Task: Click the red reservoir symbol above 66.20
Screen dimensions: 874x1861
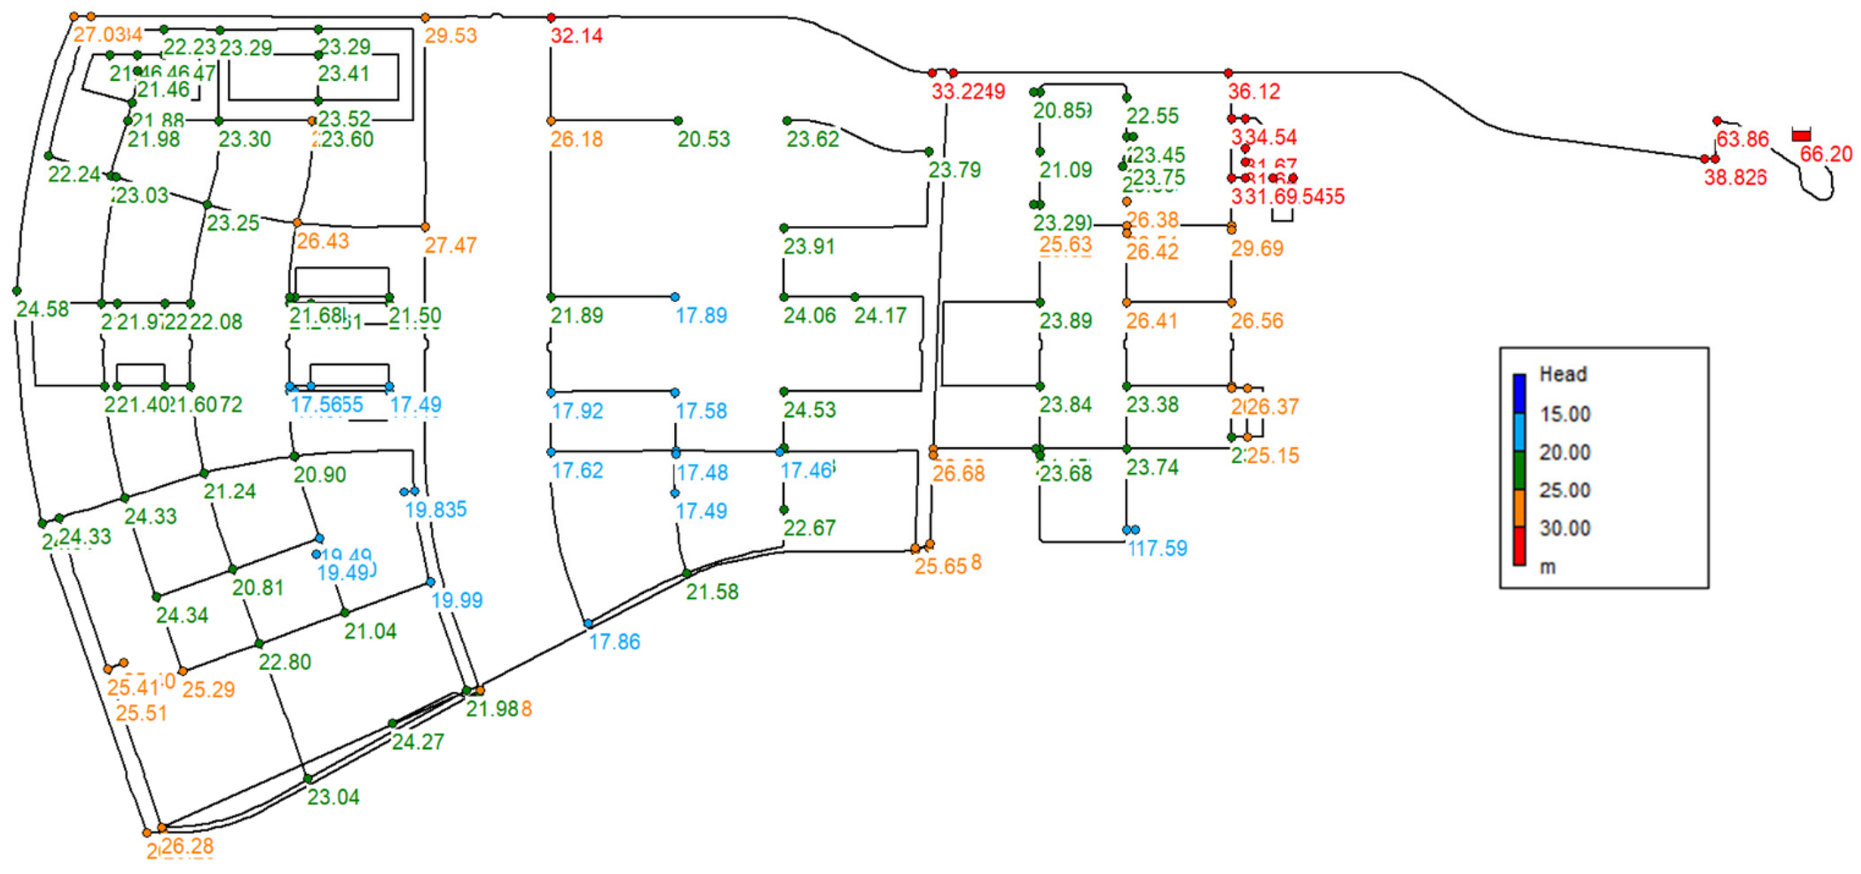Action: (x=1801, y=135)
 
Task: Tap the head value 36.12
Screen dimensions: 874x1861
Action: (x=1254, y=92)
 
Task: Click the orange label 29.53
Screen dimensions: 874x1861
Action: (x=450, y=35)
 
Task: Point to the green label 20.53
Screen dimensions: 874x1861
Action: (x=704, y=139)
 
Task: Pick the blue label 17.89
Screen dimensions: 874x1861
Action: (x=701, y=315)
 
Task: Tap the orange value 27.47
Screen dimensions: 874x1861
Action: (x=450, y=246)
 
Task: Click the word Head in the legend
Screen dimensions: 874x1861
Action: (x=1564, y=374)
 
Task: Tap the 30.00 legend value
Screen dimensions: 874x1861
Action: (x=1565, y=528)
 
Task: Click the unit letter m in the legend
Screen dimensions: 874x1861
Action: (x=1547, y=567)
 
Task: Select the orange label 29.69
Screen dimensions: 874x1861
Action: (x=1257, y=248)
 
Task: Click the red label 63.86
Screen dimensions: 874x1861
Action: (x=1742, y=139)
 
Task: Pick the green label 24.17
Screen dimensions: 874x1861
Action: (x=880, y=315)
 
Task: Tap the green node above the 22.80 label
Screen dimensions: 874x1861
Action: (x=259, y=643)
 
